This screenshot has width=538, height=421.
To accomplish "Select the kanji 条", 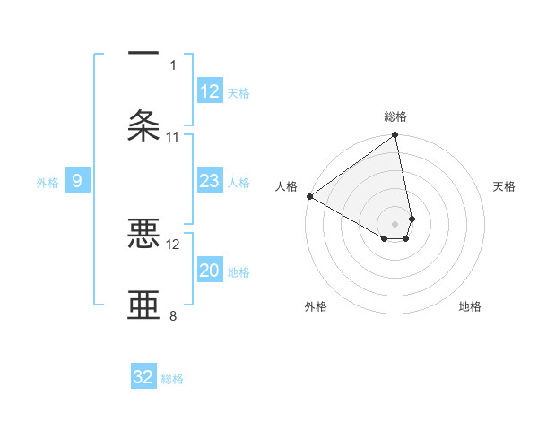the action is [144, 125].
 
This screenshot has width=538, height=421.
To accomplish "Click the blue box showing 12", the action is [210, 91].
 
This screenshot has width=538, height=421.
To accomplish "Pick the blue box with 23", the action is [210, 182].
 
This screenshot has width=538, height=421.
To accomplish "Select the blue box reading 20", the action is [210, 271].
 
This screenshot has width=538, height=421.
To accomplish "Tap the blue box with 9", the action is [77, 182].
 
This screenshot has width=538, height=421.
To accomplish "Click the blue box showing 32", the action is [143, 378].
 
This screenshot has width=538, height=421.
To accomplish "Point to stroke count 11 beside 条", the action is [173, 137].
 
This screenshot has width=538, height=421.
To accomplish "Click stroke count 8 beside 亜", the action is [173, 315].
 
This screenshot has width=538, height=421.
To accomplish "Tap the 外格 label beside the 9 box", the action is [48, 183].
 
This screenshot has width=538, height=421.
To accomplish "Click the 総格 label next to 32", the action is [172, 379].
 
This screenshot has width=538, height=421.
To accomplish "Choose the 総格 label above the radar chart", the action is [395, 116].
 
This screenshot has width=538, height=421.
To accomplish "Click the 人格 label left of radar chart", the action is [286, 186].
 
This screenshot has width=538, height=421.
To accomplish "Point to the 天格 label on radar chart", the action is [504, 186].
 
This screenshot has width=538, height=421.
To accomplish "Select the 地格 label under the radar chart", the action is [470, 307].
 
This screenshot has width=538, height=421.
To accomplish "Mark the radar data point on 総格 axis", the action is [395, 136].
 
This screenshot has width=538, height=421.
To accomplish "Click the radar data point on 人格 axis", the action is [309, 196].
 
